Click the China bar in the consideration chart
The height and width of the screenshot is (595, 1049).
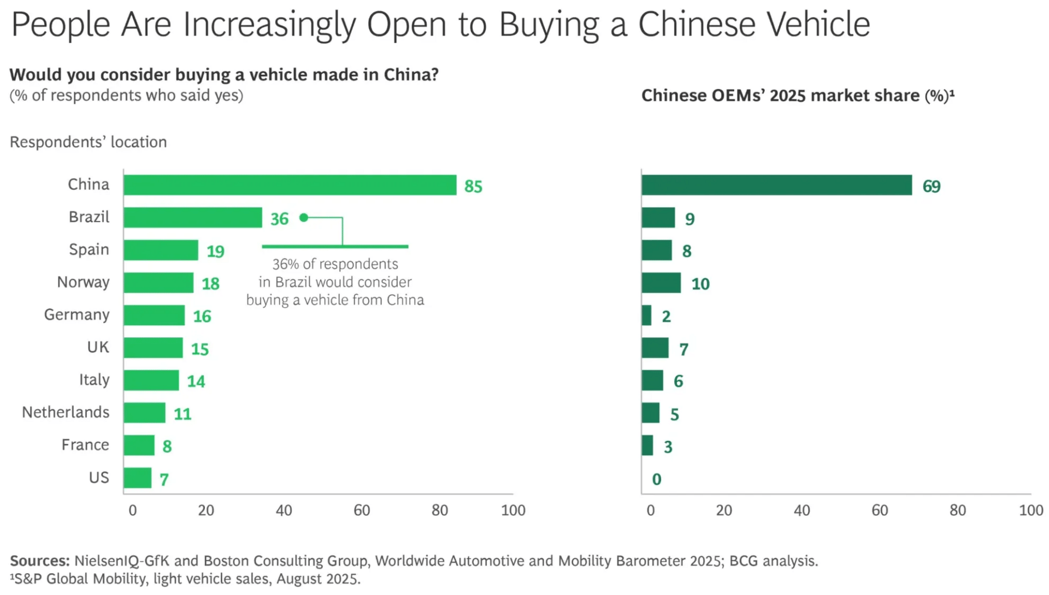click(x=290, y=185)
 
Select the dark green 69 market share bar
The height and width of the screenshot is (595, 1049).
click(x=776, y=185)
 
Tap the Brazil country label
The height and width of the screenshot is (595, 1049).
click(x=89, y=217)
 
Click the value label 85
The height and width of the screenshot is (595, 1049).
click(x=473, y=186)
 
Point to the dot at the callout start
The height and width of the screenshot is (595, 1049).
click(x=304, y=218)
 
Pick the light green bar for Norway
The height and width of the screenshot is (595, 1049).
click(x=158, y=283)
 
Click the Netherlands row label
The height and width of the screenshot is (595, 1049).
click(x=66, y=412)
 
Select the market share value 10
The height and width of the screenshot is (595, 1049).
click(x=700, y=284)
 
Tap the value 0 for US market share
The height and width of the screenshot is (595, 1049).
click(x=657, y=480)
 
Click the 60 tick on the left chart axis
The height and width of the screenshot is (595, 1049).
click(x=362, y=510)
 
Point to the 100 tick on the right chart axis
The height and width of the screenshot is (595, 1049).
click(x=1030, y=510)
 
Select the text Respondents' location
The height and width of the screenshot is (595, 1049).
click(x=89, y=142)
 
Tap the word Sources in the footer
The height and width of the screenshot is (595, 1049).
click(x=39, y=561)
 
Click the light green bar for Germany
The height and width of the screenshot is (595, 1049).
click(x=154, y=316)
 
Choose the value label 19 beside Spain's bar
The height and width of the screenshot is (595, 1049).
click(x=215, y=252)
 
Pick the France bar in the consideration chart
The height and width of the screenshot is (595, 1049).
click(x=139, y=445)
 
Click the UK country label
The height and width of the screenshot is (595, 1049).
click(x=98, y=347)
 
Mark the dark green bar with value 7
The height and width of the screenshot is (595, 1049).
click(x=655, y=348)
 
